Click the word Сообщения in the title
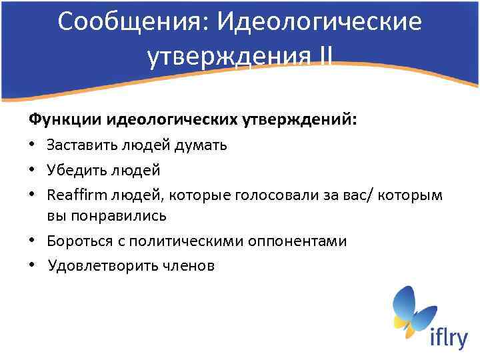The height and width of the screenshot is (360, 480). [127, 22]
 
